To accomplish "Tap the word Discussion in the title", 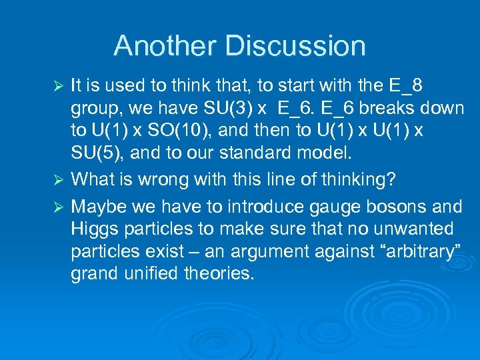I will coord(295,46).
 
